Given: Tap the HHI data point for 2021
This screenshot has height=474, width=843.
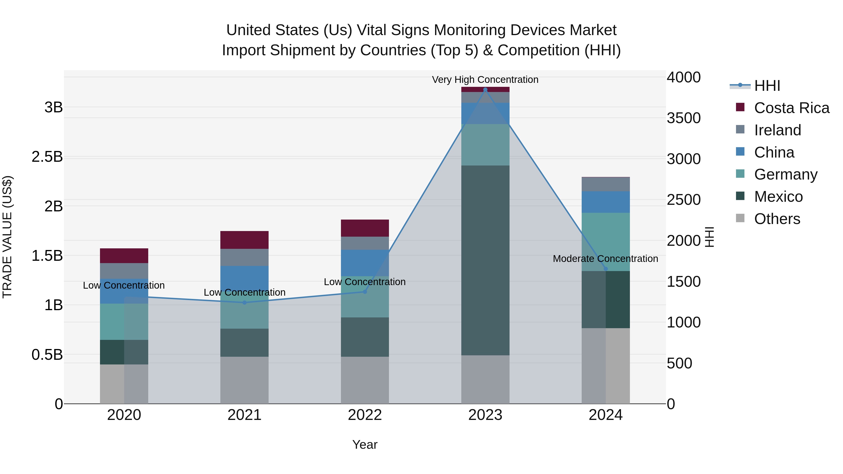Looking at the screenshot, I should coord(244,303).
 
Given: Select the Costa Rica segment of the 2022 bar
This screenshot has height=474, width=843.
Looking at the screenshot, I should coord(365,228).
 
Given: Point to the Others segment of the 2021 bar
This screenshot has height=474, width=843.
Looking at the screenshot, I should coord(244,380).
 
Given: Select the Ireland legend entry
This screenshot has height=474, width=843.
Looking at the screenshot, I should coord(777,130).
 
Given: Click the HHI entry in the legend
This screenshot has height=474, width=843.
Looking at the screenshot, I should coord(767,86).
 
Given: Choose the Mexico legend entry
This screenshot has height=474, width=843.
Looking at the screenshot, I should coord(778,197).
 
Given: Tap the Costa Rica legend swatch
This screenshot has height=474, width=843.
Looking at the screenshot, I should coord(740,107).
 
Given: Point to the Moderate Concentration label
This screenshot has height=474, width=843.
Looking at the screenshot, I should coord(605,258).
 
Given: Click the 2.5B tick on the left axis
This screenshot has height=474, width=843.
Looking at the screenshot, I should coord(47,157).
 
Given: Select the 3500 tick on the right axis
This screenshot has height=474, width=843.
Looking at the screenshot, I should coord(684,118).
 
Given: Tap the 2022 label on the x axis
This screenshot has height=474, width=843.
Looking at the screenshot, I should coord(365,415).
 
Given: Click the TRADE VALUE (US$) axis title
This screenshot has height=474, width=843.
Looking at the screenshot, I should coord(7,237).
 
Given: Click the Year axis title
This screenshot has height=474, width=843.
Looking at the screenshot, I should coord(365,445).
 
